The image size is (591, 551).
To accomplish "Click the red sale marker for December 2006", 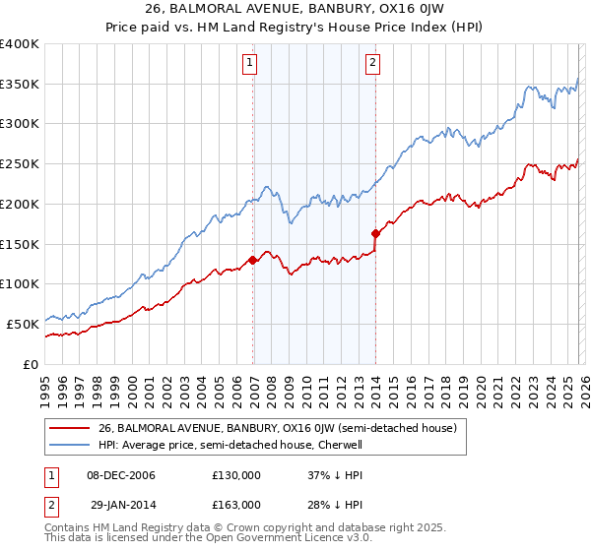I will click(x=252, y=260).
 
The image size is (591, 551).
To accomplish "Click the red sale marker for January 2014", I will click(x=376, y=233).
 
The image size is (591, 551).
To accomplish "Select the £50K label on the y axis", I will click(x=22, y=323).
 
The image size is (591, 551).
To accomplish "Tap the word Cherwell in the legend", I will click(x=341, y=445).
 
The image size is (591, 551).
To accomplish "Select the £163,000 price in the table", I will click(x=235, y=504).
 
